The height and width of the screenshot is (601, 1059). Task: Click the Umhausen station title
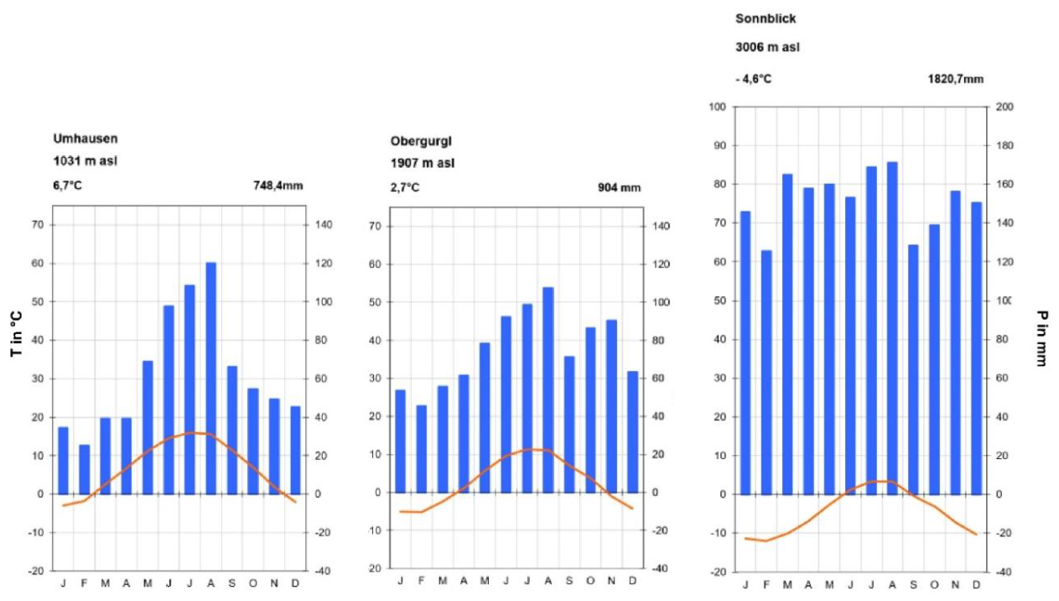point(85,138)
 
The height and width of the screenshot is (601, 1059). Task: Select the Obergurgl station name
point(421,141)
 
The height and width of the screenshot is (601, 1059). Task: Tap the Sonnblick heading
point(766,18)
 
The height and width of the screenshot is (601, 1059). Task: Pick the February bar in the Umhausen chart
point(84,469)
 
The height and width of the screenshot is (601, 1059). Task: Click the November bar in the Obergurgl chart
point(611,406)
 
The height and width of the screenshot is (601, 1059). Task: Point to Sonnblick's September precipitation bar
point(913,369)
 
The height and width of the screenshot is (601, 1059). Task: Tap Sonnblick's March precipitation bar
point(787,335)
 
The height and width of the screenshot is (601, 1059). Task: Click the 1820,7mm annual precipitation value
point(956,79)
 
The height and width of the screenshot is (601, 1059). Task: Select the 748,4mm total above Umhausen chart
point(278,186)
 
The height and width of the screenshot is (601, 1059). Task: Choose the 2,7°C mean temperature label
point(405,188)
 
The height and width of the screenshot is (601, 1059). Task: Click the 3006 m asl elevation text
point(767,47)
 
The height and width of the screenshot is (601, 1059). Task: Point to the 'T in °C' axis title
point(16,333)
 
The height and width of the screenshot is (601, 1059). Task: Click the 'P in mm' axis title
point(1041,338)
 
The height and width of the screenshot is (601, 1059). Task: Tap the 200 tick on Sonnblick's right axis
point(1004,107)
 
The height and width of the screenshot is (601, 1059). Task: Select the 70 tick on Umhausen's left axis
point(38,225)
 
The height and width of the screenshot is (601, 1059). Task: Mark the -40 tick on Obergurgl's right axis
point(659,569)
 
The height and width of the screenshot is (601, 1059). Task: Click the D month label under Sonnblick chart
point(976,585)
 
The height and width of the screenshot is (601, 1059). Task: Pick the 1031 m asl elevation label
point(85,161)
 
